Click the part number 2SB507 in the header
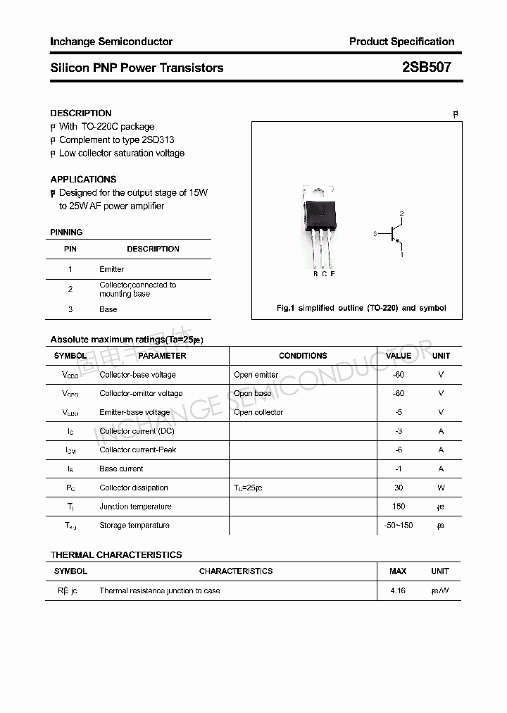coord(426,68)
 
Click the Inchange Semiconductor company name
coord(111,42)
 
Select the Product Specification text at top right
coord(401,42)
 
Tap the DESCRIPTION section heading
coord(81,113)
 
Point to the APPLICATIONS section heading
coord(83,179)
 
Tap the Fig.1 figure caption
coord(361,308)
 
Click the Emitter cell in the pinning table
coord(111,269)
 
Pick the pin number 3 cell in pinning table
coord(70,309)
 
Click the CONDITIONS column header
coord(303,356)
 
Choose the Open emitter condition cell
coord(256,375)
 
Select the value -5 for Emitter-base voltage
coord(399,412)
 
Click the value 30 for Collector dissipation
coord(399,488)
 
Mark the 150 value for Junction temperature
coord(399,507)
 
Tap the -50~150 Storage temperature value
coord(399,525)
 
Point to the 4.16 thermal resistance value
coord(398,590)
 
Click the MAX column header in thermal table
coord(398,571)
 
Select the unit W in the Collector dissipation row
coord(441,488)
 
